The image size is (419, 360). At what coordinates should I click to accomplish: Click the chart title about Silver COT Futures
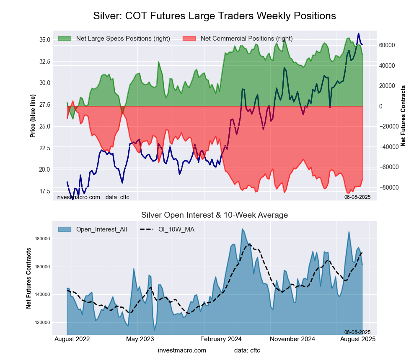pyautogui.click(x=214, y=16)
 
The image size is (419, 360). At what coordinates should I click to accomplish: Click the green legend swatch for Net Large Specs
pyautogui.click(x=65, y=39)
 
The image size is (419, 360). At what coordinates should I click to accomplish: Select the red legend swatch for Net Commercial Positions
pyautogui.click(x=189, y=39)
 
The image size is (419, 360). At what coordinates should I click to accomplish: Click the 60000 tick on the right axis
pyautogui.click(x=388, y=45)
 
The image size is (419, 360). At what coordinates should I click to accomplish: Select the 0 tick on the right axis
pyautogui.click(x=380, y=106)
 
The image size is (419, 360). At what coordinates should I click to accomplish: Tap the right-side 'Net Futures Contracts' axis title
pyautogui.click(x=403, y=116)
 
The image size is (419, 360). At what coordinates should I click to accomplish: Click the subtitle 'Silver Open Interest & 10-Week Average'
pyautogui.click(x=214, y=215)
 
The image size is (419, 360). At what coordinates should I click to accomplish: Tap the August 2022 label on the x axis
pyautogui.click(x=72, y=339)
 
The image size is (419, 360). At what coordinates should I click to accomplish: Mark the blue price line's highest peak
pyautogui.click(x=358, y=33)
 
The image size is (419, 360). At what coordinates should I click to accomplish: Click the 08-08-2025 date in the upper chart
pyautogui.click(x=357, y=197)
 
